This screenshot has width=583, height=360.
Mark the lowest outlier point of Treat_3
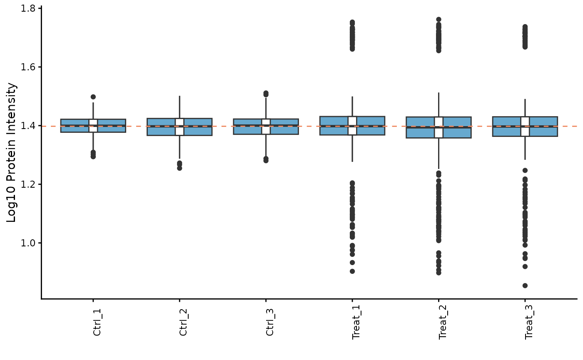tap(525, 286)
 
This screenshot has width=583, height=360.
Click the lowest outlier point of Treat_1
tap(352, 271)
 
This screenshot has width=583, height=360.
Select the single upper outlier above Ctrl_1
tap(93, 97)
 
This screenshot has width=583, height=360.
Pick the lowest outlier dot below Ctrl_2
tap(179, 168)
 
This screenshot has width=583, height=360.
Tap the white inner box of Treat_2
tap(438, 127)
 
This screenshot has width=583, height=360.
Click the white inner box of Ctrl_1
tap(93, 126)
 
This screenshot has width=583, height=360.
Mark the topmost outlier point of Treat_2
tap(438, 20)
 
